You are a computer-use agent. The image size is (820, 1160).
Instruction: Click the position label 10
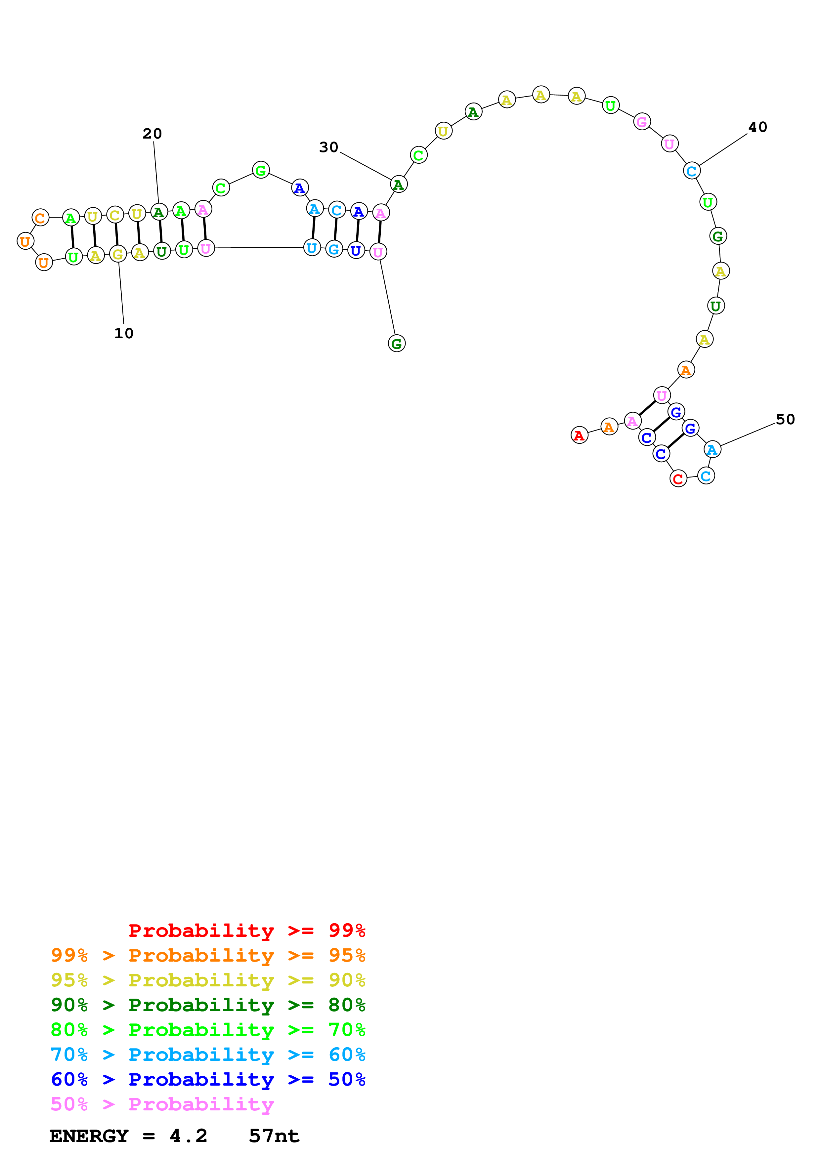coord(124,333)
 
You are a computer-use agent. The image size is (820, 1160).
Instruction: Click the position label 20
coord(152,134)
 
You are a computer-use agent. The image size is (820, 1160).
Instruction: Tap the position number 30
coord(328,147)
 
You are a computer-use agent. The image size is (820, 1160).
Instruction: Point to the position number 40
coord(757,127)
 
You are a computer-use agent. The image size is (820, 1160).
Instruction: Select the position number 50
coord(785,419)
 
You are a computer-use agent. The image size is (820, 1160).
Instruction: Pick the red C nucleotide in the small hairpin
coord(678,478)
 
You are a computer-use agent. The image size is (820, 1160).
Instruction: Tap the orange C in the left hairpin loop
coord(40,218)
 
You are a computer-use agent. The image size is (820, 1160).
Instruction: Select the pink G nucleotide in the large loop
coord(642,122)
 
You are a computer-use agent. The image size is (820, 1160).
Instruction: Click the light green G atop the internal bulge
coord(261,170)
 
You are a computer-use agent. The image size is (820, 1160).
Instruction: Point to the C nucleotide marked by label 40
coord(691,171)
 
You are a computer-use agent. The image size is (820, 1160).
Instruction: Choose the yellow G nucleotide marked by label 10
coord(118,254)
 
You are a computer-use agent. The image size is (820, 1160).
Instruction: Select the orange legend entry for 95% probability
coord(208,955)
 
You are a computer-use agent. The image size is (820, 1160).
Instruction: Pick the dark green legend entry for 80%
coord(208,1005)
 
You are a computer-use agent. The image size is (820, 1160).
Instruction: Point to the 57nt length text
coord(274,1136)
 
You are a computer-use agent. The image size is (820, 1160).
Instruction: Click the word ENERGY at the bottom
coord(89,1136)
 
